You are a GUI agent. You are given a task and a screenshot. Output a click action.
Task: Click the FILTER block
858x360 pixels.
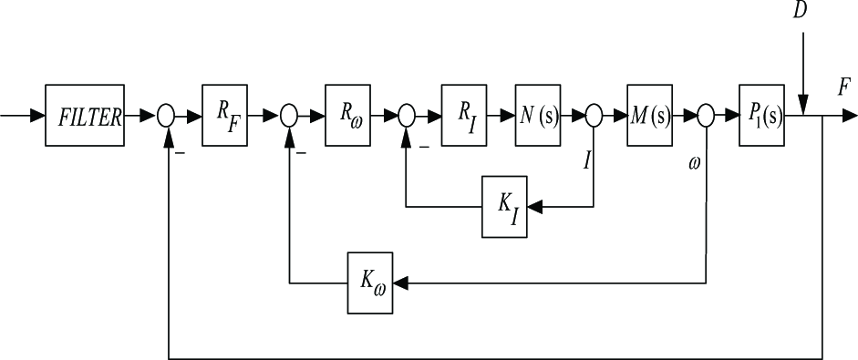click(x=85, y=116)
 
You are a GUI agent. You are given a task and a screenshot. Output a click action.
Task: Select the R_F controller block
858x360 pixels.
click(x=224, y=116)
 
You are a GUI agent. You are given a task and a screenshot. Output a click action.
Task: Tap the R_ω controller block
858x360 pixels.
click(x=347, y=116)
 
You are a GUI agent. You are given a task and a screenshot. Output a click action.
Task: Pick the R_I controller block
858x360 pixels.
click(x=464, y=116)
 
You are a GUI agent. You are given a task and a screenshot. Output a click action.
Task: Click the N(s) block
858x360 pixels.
click(x=537, y=116)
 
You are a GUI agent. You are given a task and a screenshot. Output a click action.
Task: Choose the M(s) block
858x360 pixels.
click(x=649, y=116)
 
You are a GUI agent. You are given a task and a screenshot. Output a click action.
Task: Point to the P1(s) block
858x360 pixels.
click(x=761, y=116)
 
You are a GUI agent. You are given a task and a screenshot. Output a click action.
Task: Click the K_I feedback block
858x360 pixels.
click(x=504, y=207)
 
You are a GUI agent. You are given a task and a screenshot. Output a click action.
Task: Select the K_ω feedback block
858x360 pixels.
click(x=370, y=283)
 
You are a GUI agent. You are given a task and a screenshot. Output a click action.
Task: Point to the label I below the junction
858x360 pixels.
click(x=586, y=161)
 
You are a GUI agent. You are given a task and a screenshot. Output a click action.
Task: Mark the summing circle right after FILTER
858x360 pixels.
click(x=166, y=116)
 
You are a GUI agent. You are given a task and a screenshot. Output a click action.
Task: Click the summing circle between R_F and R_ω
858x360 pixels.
click(x=288, y=116)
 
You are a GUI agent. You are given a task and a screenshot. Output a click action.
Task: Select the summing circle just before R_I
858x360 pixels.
click(x=406, y=116)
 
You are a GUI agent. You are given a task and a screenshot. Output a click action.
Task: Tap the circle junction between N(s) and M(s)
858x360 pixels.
click(x=594, y=116)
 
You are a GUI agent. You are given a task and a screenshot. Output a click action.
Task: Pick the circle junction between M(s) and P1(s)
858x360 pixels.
click(x=706, y=116)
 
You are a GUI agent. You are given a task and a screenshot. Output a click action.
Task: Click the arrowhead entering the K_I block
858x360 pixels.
click(x=534, y=207)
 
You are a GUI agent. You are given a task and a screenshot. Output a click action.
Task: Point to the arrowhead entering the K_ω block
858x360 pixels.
click(x=400, y=283)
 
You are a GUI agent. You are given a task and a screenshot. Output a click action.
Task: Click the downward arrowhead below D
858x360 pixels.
click(x=802, y=108)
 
